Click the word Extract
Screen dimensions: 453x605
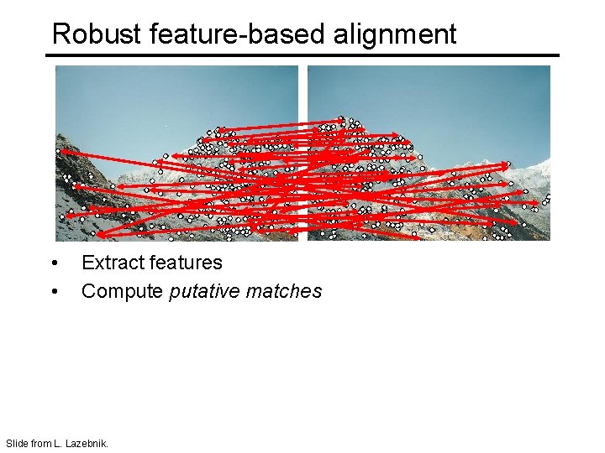coord(112,263)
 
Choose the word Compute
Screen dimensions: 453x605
coord(122,291)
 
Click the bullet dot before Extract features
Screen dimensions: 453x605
coord(55,263)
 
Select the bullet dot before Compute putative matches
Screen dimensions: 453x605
coord(55,292)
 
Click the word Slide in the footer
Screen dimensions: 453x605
coord(16,443)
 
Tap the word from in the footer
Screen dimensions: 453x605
coord(40,443)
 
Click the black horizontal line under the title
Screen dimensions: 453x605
coord(302,55)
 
